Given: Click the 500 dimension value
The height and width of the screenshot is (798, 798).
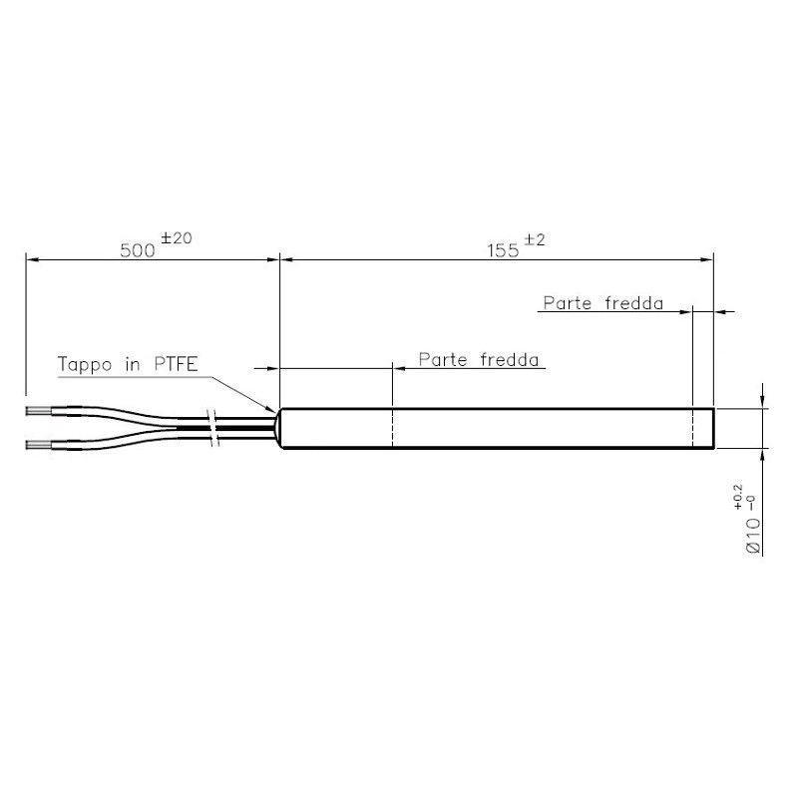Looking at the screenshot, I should tap(137, 250).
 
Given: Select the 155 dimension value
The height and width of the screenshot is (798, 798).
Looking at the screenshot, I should tap(503, 250).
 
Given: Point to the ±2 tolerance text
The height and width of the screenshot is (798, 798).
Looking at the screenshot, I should tap(537, 239).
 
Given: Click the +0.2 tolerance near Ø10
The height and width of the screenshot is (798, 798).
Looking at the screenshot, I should tap(738, 497).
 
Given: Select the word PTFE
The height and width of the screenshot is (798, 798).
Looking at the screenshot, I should tap(176, 365).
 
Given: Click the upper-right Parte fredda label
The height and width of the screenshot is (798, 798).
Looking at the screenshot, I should tap(602, 303).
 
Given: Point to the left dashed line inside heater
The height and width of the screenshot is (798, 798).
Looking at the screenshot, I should tap(394, 429).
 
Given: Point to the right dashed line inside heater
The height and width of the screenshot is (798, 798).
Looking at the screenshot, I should tap(692, 429).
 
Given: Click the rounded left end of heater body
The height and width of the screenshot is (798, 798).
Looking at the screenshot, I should tap(284, 429).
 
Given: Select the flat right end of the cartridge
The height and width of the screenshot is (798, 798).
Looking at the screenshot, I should tap(715, 429).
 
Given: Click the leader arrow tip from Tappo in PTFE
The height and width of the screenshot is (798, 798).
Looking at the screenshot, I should tap(276, 409).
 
